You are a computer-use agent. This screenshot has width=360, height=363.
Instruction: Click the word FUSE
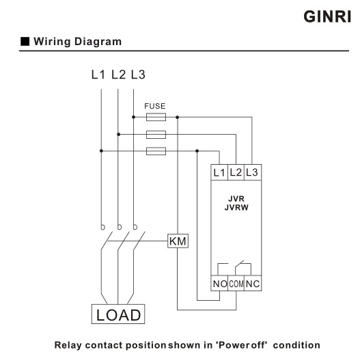[x=155, y=107]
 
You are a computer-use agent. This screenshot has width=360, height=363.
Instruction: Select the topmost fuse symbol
[x=156, y=118]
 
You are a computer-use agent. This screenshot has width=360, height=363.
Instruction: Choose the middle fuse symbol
[x=156, y=134]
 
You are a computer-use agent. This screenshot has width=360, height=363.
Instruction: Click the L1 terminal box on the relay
[x=219, y=172]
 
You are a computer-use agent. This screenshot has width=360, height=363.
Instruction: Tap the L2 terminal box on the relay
[x=236, y=172]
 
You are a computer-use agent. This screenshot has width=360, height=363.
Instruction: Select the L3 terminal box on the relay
[x=251, y=172]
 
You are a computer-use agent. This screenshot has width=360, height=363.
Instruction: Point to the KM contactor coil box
[x=178, y=241]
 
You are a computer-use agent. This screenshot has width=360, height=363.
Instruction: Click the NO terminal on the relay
[x=219, y=284]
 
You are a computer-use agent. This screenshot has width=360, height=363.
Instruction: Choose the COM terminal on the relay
[x=236, y=284]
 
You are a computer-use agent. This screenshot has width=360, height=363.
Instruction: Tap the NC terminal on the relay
[x=252, y=284]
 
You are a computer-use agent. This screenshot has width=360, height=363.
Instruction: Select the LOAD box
[x=117, y=314]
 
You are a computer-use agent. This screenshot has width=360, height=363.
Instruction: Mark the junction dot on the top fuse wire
[x=178, y=118]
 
